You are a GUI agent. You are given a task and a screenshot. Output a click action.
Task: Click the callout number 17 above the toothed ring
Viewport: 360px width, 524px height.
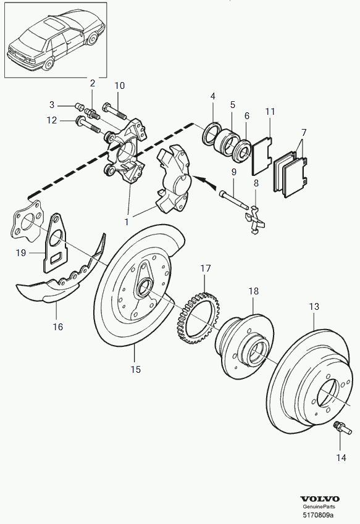[206, 268]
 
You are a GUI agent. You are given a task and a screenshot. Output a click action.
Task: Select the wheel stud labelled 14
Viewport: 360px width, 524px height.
[342, 428]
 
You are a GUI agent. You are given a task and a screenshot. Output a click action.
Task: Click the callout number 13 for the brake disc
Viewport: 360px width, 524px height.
[314, 306]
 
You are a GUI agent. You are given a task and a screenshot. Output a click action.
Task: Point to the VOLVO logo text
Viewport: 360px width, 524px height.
[320, 499]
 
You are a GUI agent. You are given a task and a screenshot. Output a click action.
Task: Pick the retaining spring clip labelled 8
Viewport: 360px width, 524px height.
[254, 220]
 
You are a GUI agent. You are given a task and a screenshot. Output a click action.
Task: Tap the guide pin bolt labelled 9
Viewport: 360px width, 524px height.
[233, 200]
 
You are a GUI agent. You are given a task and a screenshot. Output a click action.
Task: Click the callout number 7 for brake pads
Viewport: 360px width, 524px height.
[304, 133]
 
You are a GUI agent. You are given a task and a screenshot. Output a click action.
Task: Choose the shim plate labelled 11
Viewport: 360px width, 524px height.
[262, 156]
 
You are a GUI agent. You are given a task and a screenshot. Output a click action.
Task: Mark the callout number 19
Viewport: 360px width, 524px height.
[21, 252]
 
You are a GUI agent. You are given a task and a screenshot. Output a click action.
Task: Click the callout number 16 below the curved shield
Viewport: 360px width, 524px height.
[58, 326]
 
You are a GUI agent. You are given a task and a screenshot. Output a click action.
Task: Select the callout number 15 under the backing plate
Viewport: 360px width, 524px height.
[136, 369]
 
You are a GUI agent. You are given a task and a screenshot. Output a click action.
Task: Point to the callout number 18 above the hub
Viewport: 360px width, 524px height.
[254, 291]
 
